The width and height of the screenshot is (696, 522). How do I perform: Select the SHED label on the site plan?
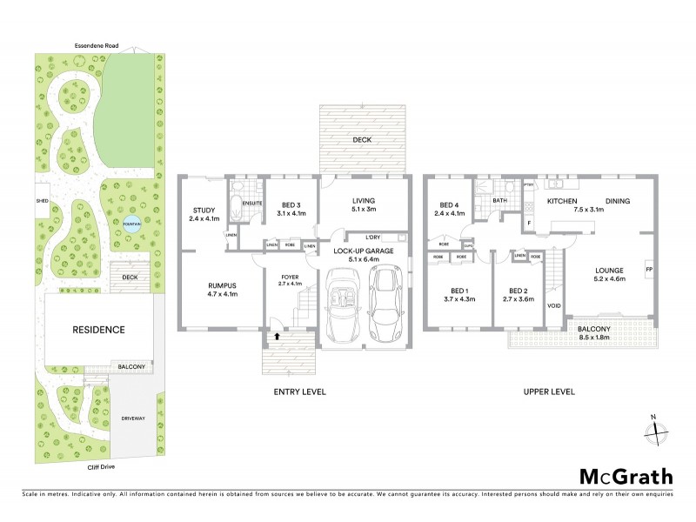point(42,199)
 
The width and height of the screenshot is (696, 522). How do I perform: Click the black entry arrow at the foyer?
point(278,334)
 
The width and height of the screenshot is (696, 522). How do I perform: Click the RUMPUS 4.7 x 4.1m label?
point(219,289)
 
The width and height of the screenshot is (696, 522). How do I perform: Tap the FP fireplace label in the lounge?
point(649,271)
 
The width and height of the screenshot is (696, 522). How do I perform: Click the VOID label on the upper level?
point(553,306)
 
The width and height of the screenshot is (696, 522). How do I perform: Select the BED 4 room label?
point(449,207)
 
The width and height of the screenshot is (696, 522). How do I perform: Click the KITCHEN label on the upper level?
point(563,201)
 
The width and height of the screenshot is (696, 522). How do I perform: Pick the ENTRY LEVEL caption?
point(299,392)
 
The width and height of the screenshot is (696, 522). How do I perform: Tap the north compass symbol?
point(659,430)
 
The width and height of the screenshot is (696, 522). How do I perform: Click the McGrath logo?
point(626,476)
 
